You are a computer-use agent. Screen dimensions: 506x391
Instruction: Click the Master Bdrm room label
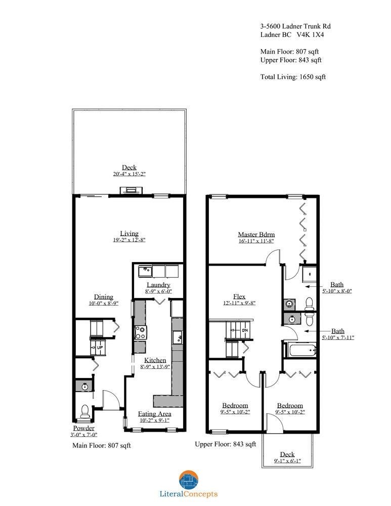coord(256,234)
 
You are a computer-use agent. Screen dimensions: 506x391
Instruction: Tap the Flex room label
coord(239,296)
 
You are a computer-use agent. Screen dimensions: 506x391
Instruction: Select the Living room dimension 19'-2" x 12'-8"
coord(129,240)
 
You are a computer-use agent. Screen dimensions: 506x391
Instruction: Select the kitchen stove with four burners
coord(140,332)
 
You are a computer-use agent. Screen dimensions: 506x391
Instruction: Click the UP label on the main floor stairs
coord(100,348)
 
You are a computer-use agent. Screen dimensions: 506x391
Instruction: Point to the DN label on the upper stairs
coord(244,331)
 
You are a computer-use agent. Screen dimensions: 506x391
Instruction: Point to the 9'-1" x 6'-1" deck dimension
coord(287,461)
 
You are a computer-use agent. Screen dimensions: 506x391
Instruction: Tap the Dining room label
coord(103,297)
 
